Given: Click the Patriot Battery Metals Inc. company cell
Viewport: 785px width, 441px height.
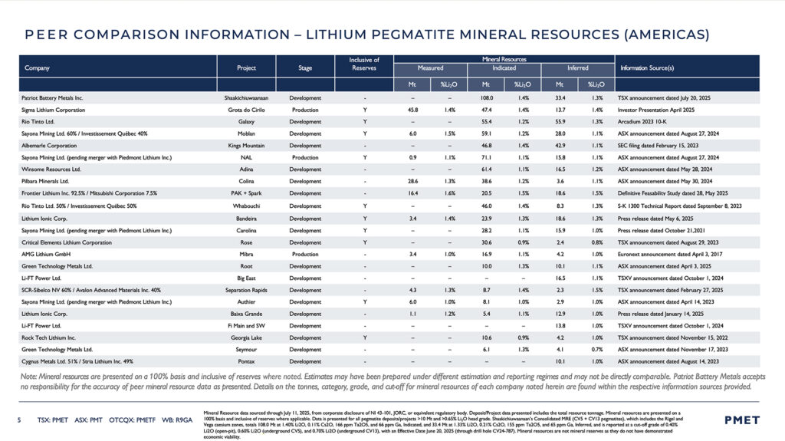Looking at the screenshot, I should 52,98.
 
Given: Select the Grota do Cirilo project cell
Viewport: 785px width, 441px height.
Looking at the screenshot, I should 246,110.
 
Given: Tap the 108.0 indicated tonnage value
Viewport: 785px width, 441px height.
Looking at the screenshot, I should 486,98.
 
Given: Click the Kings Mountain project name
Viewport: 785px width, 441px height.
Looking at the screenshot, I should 246,146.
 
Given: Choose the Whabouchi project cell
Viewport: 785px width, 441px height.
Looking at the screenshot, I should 246,206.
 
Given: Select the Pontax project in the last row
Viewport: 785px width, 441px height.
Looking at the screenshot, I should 246,361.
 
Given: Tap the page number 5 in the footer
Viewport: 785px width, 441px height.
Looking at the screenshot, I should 19,420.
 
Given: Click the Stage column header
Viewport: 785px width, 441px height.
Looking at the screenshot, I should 305,67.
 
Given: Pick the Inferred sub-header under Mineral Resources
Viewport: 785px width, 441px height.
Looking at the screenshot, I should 578,67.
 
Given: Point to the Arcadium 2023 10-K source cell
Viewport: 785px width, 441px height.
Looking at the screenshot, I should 645,122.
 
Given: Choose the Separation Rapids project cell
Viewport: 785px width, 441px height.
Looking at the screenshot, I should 246,289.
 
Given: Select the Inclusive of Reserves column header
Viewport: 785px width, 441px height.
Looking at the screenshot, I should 364,63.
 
